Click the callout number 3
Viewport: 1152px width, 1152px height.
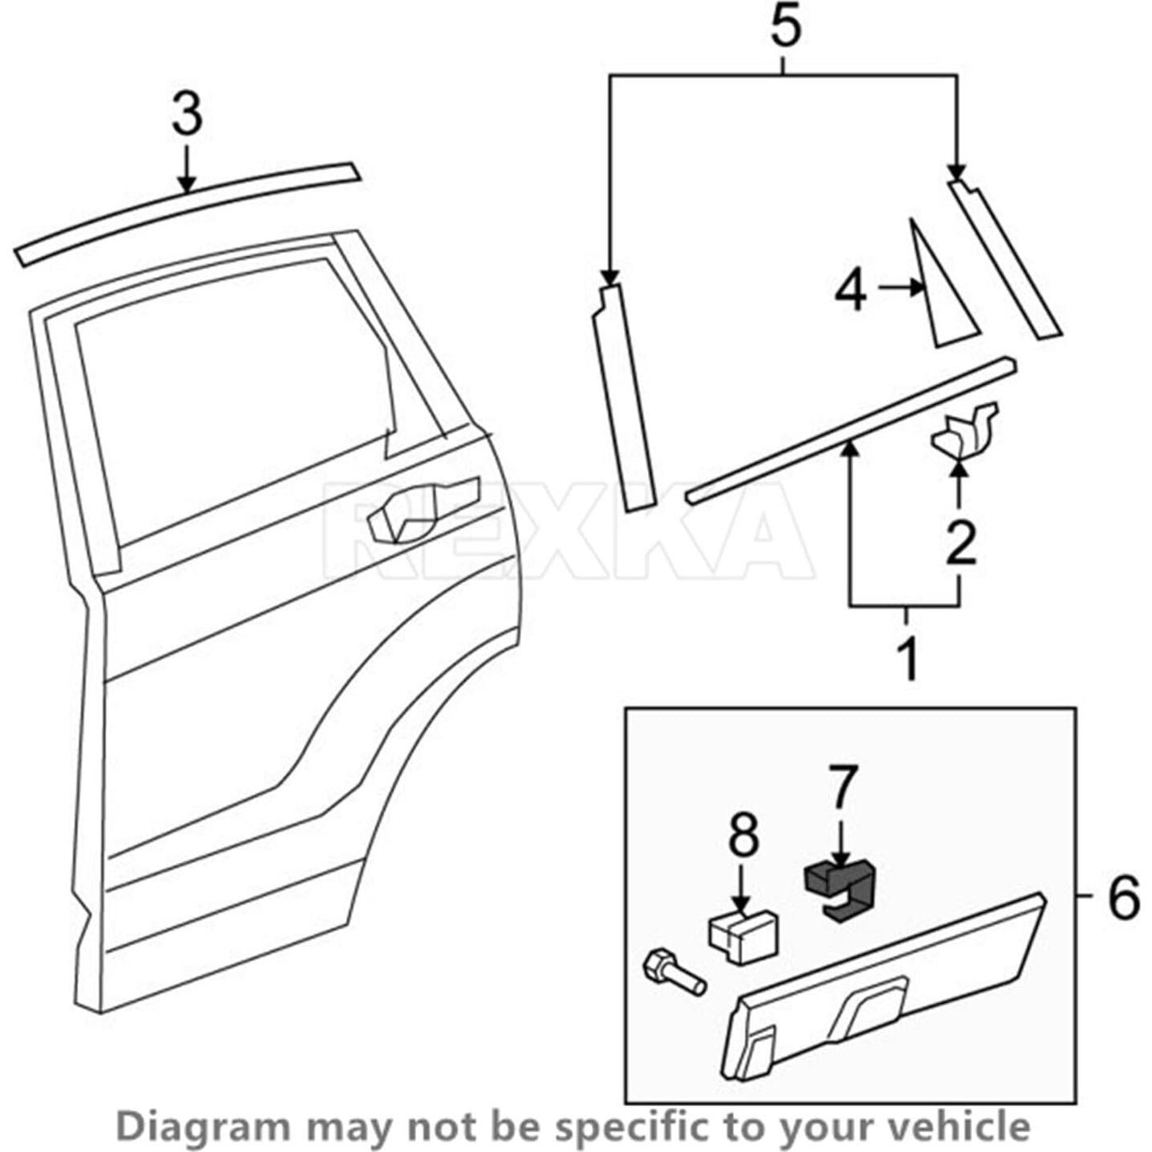coord(187,114)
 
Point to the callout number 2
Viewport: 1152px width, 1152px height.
coord(960,543)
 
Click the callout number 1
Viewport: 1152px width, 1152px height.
coord(908,659)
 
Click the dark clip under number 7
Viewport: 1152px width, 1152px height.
coord(841,889)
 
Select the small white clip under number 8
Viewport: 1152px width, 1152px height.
coord(742,934)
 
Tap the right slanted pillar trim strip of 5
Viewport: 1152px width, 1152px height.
coord(1004,258)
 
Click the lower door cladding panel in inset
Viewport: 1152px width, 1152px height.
coord(886,982)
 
